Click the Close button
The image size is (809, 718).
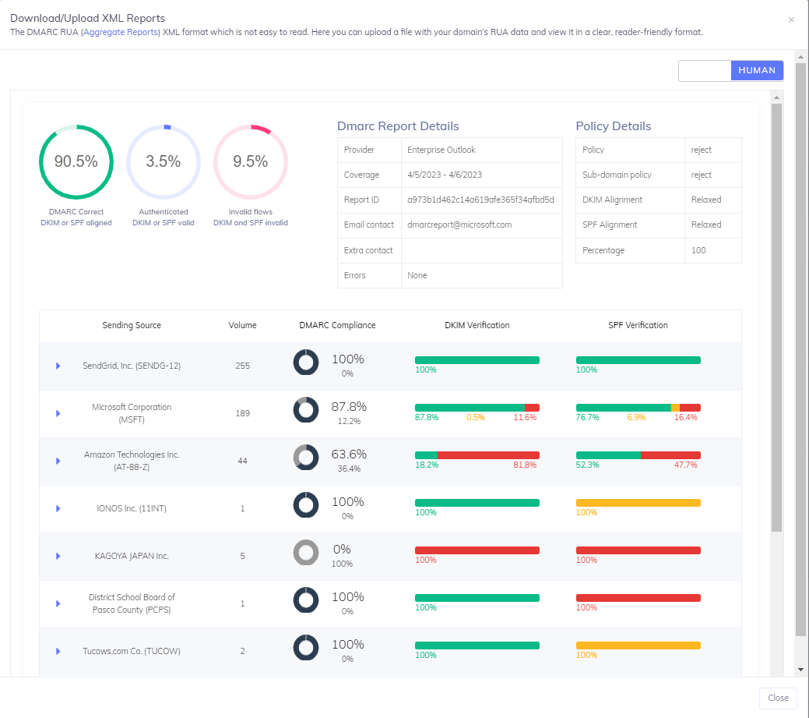coord(778,698)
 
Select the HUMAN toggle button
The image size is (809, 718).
coord(757,70)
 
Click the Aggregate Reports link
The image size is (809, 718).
coord(121,32)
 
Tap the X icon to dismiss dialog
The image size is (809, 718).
coord(791,19)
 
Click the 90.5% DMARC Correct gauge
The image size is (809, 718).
coord(76,162)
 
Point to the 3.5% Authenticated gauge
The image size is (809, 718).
coord(164,162)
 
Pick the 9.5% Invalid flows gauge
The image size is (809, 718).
coord(251,162)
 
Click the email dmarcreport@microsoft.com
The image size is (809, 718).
coord(459,225)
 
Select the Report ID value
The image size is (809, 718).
coord(480,200)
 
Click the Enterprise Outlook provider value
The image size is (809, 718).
coord(441,150)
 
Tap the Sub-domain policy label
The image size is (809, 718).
coord(617,175)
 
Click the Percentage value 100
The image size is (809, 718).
coord(698,250)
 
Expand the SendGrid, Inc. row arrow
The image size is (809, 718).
coord(58,366)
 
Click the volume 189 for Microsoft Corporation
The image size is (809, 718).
coord(242,413)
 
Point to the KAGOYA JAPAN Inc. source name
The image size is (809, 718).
coord(132,556)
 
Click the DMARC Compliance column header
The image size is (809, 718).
coord(337,325)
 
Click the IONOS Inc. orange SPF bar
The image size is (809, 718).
coord(638,503)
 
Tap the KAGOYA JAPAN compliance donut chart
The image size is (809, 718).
coord(306,553)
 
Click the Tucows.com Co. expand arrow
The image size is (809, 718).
coord(58,651)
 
